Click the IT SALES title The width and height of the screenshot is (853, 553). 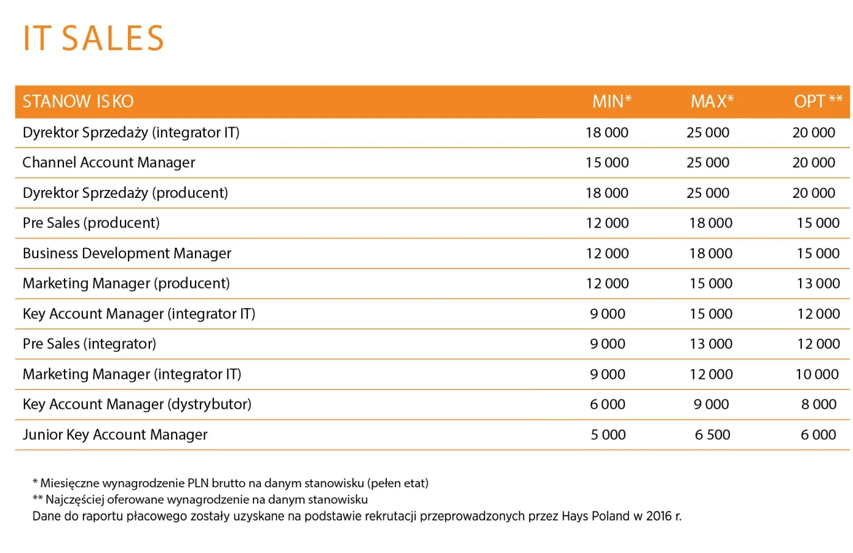point(93,38)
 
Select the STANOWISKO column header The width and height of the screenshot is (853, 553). point(78,101)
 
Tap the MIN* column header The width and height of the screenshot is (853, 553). point(612,101)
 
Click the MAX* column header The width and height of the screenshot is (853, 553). point(712,101)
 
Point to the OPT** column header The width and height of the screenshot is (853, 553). point(818,101)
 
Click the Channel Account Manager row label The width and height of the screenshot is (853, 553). point(108,163)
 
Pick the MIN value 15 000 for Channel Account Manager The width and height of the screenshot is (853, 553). point(607,163)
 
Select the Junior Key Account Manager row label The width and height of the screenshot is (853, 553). point(115,435)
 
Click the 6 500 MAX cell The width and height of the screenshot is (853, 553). point(712,435)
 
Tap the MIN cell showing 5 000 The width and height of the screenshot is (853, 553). point(608,435)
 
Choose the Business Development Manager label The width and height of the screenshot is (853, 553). point(127,253)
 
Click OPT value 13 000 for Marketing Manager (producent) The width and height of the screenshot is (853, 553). point(818,284)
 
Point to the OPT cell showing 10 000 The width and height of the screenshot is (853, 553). point(816,375)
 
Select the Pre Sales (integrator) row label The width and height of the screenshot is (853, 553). point(89,344)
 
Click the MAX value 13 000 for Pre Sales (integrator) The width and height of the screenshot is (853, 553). point(710,344)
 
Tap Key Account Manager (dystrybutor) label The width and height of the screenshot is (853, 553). point(136,404)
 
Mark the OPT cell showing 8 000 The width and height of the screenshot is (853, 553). point(818,404)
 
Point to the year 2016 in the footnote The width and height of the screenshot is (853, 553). point(659,516)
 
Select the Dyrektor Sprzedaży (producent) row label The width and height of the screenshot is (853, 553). point(125,193)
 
